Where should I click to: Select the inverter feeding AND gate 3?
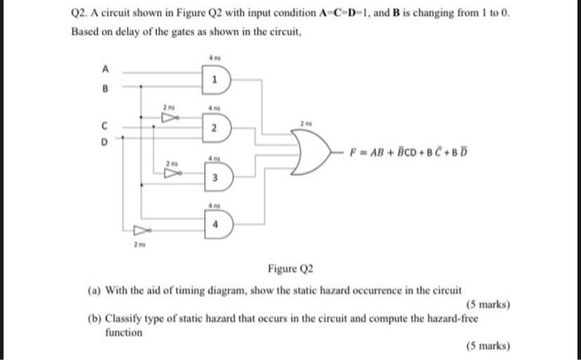click(x=173, y=175)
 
